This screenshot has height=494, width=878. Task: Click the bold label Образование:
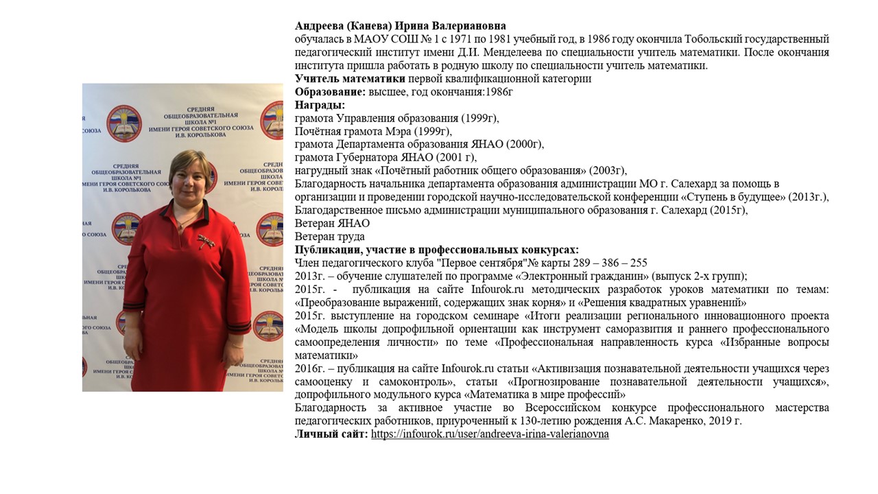330,92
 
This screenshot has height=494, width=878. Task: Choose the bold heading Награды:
320,105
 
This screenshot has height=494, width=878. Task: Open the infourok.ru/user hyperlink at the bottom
490,434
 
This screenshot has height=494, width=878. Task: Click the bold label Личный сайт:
331,434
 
